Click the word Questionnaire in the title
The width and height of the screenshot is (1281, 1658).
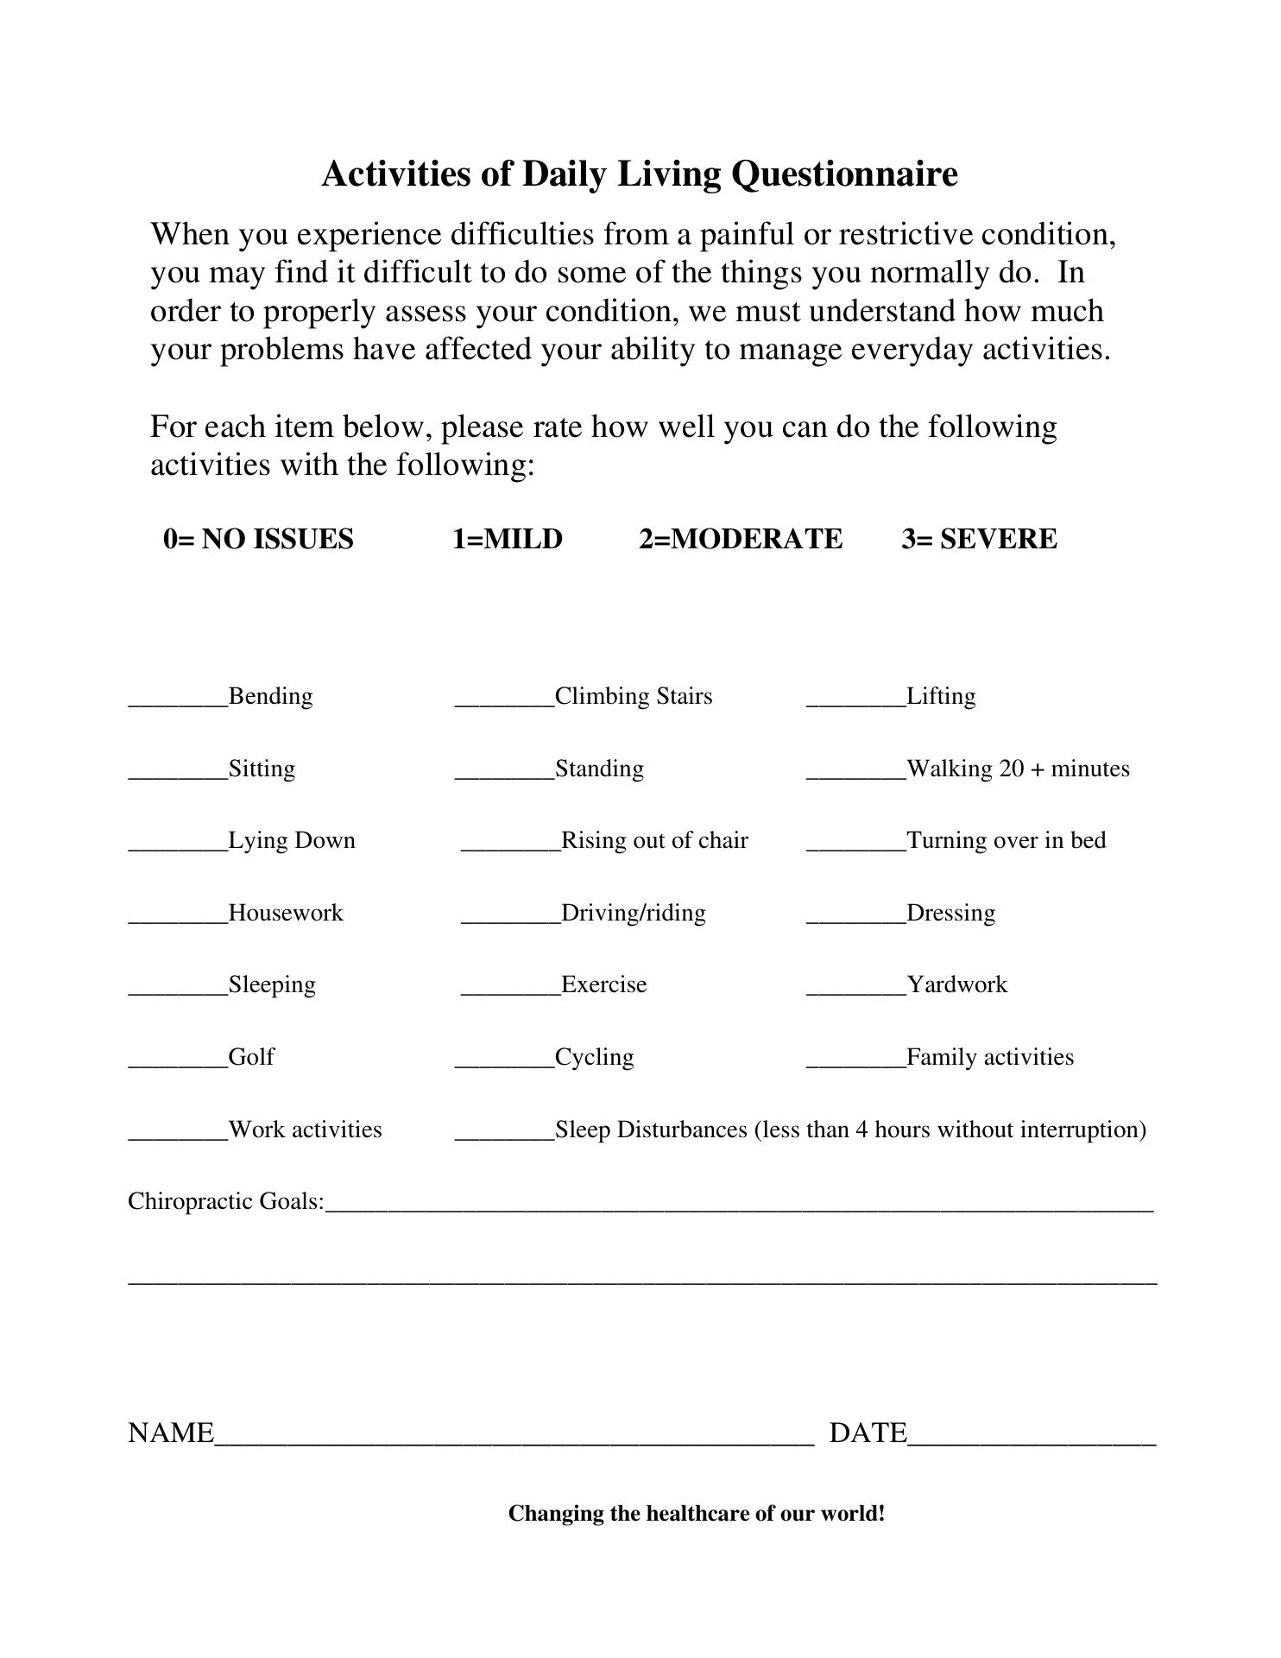(x=843, y=174)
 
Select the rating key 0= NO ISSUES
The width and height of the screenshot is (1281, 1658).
(x=258, y=539)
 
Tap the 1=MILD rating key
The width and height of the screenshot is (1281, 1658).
(x=508, y=539)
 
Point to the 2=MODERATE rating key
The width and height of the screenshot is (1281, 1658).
(x=741, y=539)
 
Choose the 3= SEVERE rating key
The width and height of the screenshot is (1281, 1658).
(x=979, y=539)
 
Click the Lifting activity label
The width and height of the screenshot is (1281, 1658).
(x=941, y=696)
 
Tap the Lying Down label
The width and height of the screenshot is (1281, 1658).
(x=292, y=840)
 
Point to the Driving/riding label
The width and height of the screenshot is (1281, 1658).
(x=633, y=913)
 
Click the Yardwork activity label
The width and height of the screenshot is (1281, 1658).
(x=956, y=984)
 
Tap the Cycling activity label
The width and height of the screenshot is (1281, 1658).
(x=594, y=1057)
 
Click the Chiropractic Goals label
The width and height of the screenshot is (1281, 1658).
(x=226, y=1201)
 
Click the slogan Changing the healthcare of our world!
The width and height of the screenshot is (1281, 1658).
(x=697, y=1514)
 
